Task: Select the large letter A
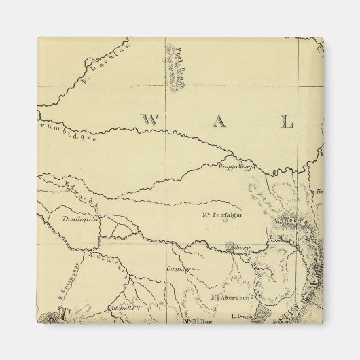(x=218, y=122)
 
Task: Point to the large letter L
(x=287, y=122)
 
